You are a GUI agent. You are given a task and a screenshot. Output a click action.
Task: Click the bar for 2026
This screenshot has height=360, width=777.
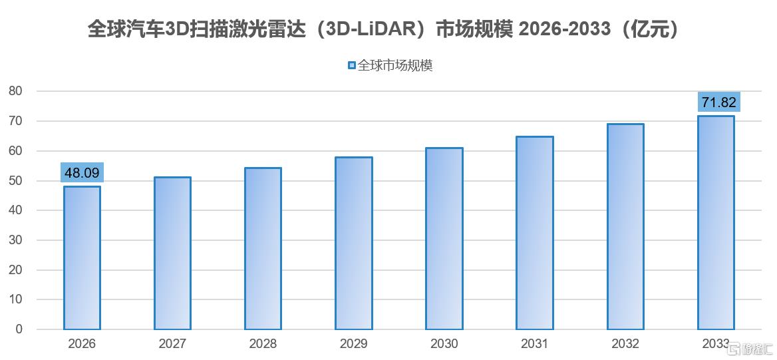(82, 258)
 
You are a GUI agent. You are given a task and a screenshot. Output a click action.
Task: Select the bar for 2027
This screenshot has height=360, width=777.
(172, 254)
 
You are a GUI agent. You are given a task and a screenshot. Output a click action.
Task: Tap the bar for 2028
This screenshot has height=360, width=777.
(263, 248)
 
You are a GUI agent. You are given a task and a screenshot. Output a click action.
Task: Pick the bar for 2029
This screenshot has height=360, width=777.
(354, 244)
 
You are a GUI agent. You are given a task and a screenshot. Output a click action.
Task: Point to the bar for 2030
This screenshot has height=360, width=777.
(444, 238)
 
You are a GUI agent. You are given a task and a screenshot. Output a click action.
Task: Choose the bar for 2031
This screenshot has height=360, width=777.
(535, 233)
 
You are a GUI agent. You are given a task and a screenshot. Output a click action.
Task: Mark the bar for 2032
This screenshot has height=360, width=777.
(625, 227)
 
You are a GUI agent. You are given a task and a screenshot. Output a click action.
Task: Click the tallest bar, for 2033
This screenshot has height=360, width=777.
(716, 223)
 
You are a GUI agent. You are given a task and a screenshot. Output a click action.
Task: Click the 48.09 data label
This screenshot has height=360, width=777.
(82, 173)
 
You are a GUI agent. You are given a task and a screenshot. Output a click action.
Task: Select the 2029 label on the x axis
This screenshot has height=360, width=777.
(354, 343)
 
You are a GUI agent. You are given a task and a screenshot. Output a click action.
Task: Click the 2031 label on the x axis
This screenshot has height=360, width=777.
(535, 343)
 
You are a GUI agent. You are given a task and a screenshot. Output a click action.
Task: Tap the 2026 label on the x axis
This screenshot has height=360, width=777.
(82, 343)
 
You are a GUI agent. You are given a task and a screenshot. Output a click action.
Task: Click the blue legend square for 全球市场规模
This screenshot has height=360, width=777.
(352, 65)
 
